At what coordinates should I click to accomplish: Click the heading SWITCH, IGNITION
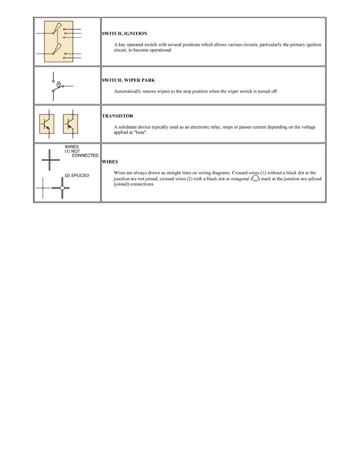125,34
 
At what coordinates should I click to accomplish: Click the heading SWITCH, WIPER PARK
129,80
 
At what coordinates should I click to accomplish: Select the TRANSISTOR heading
118,116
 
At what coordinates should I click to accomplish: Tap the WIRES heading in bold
110,162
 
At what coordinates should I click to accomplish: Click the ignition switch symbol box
58,42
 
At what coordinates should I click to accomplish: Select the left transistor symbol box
47,124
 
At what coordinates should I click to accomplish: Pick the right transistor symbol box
71,124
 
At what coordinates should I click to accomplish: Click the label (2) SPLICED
77,175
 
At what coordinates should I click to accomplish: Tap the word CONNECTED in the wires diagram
85,155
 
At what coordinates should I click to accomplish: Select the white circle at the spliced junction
62,188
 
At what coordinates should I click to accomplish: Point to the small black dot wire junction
43,188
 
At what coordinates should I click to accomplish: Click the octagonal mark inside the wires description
255,178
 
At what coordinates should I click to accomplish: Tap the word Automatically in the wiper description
128,91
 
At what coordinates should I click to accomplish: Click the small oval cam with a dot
58,84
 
